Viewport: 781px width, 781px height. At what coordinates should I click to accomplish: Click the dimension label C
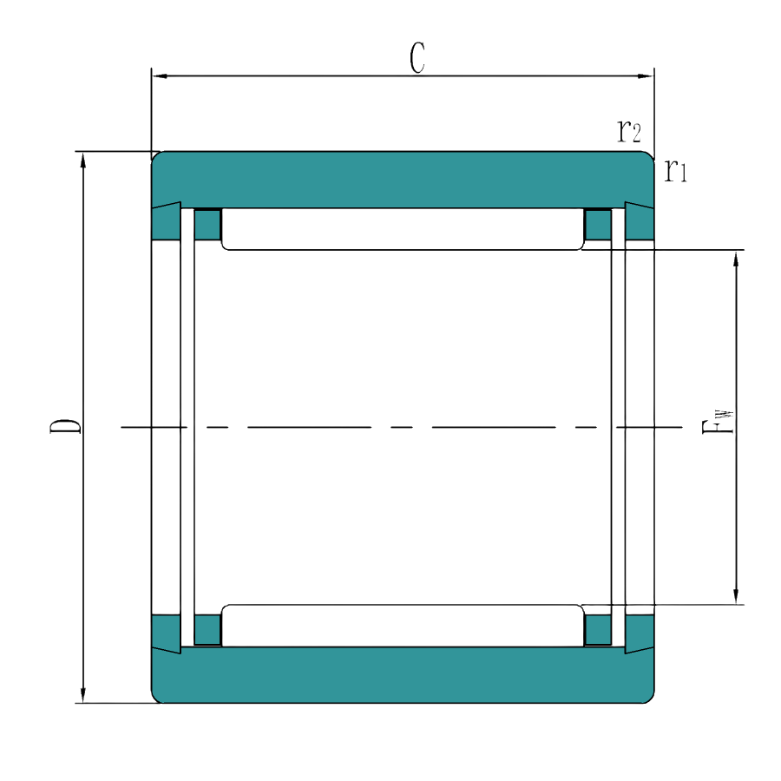click(417, 58)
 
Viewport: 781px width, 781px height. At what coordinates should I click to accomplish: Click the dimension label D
click(65, 426)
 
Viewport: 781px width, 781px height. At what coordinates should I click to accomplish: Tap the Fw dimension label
click(718, 423)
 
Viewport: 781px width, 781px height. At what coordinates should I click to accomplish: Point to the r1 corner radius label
click(676, 171)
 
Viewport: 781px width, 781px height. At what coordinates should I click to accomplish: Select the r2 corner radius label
click(629, 131)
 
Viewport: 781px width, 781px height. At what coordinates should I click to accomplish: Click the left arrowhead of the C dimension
click(160, 76)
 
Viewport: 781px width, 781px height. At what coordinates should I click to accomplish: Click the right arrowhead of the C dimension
click(646, 76)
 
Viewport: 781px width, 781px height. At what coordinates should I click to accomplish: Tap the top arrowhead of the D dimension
click(83, 161)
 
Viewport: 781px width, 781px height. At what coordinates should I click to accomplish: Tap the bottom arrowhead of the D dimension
click(83, 694)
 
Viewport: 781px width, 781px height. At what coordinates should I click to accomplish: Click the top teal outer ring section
click(403, 180)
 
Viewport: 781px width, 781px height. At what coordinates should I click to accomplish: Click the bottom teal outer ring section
click(403, 675)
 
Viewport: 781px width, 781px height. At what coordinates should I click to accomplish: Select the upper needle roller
click(402, 229)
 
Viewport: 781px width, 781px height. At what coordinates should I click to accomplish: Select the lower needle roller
click(402, 626)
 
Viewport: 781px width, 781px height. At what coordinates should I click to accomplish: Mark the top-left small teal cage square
click(207, 225)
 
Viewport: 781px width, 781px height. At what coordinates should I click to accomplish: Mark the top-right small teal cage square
click(598, 225)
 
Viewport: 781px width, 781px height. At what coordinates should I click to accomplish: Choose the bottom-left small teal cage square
click(207, 630)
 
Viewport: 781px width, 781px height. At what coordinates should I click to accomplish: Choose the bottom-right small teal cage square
click(598, 630)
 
